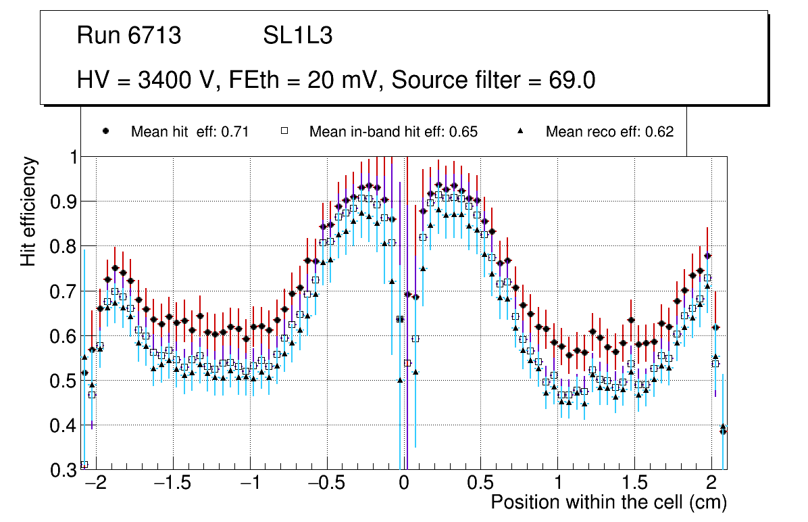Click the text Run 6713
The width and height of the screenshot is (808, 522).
pyautogui.click(x=129, y=36)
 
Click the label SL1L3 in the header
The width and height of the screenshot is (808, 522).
pyautogui.click(x=297, y=36)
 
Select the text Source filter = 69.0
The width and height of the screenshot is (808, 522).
pyautogui.click(x=493, y=80)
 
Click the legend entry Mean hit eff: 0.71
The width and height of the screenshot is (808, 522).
pyautogui.click(x=190, y=132)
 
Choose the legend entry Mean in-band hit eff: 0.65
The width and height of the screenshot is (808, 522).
pyautogui.click(x=393, y=132)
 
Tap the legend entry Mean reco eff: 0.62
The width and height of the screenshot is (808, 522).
pyautogui.click(x=609, y=132)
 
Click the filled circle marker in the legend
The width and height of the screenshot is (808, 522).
pyautogui.click(x=105, y=131)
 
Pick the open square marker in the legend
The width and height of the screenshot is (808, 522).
pyautogui.click(x=284, y=131)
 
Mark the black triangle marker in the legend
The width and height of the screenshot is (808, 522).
pyautogui.click(x=521, y=131)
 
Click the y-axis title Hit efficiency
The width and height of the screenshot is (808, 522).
pyautogui.click(x=28, y=211)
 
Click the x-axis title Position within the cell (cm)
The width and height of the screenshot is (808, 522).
pyautogui.click(x=608, y=503)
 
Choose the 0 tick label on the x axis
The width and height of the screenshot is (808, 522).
pyautogui.click(x=403, y=485)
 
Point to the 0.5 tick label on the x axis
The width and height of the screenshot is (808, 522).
pyautogui.click(x=480, y=485)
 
